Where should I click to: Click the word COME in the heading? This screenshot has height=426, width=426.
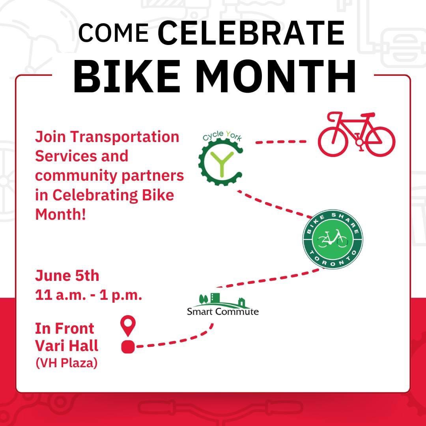(x=113, y=33)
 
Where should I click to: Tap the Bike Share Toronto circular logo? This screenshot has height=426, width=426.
(x=333, y=239)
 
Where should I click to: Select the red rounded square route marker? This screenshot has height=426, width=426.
(x=128, y=347)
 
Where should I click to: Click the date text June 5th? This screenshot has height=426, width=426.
(x=67, y=276)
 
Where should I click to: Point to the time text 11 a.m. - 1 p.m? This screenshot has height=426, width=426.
(x=88, y=295)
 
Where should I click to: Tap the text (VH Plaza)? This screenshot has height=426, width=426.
(x=66, y=363)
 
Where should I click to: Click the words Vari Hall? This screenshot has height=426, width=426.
(x=67, y=346)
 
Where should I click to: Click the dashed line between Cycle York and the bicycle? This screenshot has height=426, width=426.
(x=281, y=142)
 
